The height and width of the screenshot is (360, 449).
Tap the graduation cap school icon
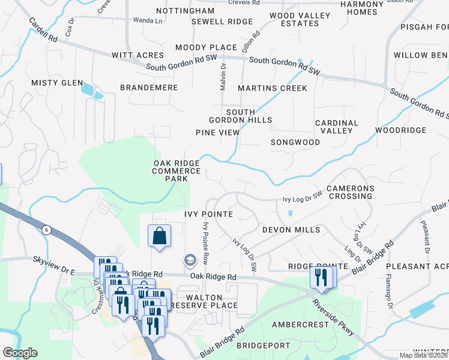[x=190, y=260]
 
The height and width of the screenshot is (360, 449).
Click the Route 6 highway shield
[x=46, y=230]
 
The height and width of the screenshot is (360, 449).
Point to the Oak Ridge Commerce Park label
[x=176, y=171]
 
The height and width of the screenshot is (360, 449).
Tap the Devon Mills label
[x=291, y=230]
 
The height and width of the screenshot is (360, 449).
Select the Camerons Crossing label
[x=351, y=193]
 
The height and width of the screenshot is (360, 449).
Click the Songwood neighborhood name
[x=295, y=142]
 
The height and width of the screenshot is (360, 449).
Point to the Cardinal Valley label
[x=337, y=127]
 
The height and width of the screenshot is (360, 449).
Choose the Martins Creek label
[x=272, y=88]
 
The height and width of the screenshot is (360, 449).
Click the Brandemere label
[x=149, y=88]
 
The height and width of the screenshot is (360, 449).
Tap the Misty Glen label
[x=57, y=83]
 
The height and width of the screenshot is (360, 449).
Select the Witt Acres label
[x=137, y=55]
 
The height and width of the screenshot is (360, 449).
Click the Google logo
[x=20, y=353]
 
